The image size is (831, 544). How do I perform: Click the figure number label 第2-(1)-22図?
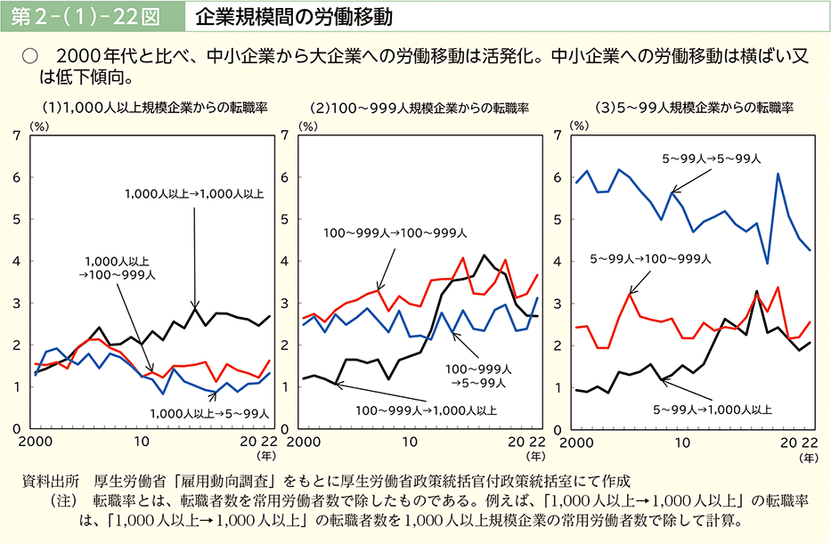pos(90,17)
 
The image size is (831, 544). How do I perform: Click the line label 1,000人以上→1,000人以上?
pos(194,193)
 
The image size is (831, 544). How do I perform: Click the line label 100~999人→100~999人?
pos(395,233)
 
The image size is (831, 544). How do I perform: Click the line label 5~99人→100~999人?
pos(650,259)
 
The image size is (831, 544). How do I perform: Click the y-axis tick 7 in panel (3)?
pos(558,135)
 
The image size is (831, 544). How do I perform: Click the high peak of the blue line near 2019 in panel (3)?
pos(778,174)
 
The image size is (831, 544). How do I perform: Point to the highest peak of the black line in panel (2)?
pos(485,256)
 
